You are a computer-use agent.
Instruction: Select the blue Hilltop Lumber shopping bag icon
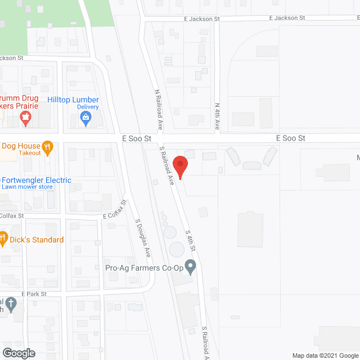tap(85, 118)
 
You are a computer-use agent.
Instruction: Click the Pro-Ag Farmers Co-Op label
tap(145, 267)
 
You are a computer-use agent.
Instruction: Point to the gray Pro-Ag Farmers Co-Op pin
tap(191, 266)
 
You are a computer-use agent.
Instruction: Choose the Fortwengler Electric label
tap(37, 180)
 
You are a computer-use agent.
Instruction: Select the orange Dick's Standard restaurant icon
tap(3, 238)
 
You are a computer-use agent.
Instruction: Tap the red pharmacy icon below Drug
tap(25, 118)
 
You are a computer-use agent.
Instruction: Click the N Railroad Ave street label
tap(158, 110)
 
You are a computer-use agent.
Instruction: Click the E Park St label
tap(34, 294)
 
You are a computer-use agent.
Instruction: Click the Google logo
tap(18, 353)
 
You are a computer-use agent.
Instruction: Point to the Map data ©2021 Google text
tap(325, 355)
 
